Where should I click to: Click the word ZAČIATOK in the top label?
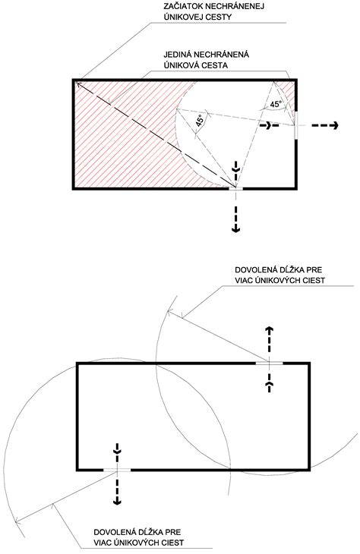(x=180, y=6)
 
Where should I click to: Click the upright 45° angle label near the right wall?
(x=276, y=104)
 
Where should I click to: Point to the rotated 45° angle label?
(x=200, y=121)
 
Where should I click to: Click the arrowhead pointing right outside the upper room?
(x=335, y=125)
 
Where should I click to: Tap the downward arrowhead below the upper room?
(x=235, y=229)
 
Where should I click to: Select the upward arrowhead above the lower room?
(x=270, y=331)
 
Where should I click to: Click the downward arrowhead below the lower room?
(x=117, y=501)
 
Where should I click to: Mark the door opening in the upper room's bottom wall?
(x=236, y=189)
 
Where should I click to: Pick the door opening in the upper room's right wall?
(x=296, y=125)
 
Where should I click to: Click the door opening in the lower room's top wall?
(x=270, y=363)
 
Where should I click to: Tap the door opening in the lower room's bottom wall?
(x=117, y=470)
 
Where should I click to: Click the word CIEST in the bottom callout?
(x=173, y=543)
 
